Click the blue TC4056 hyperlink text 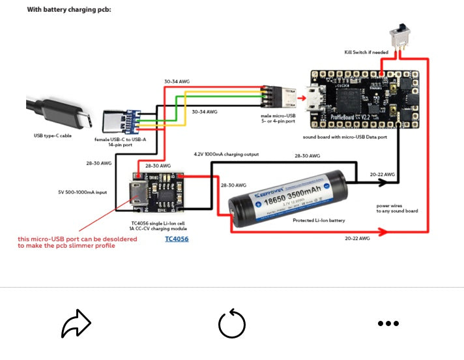[177, 239]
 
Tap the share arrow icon [76, 323]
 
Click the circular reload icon [232, 323]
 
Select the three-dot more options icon [388, 323]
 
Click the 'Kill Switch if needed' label [366, 52]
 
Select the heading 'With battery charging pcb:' [69, 10]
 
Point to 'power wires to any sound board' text [397, 208]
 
